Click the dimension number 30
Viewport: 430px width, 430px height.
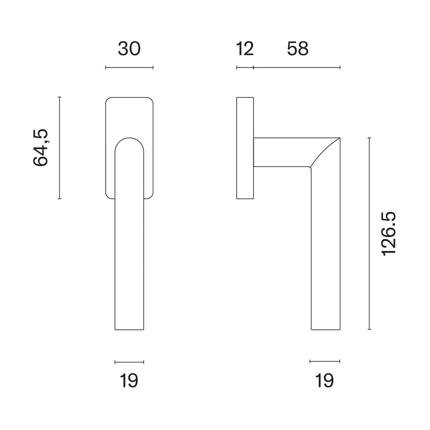click(129, 49)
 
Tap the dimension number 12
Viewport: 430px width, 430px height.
click(245, 49)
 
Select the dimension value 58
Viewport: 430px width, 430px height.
click(298, 49)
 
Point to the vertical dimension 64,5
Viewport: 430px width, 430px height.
click(40, 148)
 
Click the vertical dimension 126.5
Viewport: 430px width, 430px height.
click(388, 233)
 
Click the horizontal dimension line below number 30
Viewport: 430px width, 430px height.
click(129, 67)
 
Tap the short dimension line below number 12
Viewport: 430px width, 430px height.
click(245, 67)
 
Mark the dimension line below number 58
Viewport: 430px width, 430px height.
click(297, 67)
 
